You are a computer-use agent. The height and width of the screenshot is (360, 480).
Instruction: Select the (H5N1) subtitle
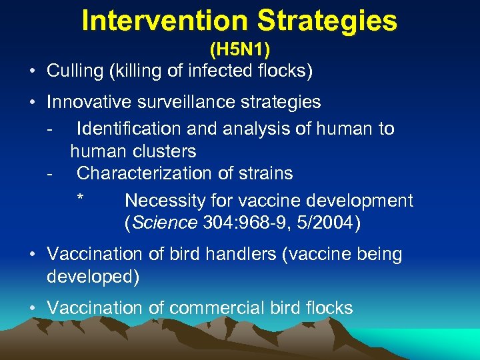tap(239, 50)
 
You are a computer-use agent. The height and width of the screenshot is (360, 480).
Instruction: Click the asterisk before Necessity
tap(80, 199)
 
